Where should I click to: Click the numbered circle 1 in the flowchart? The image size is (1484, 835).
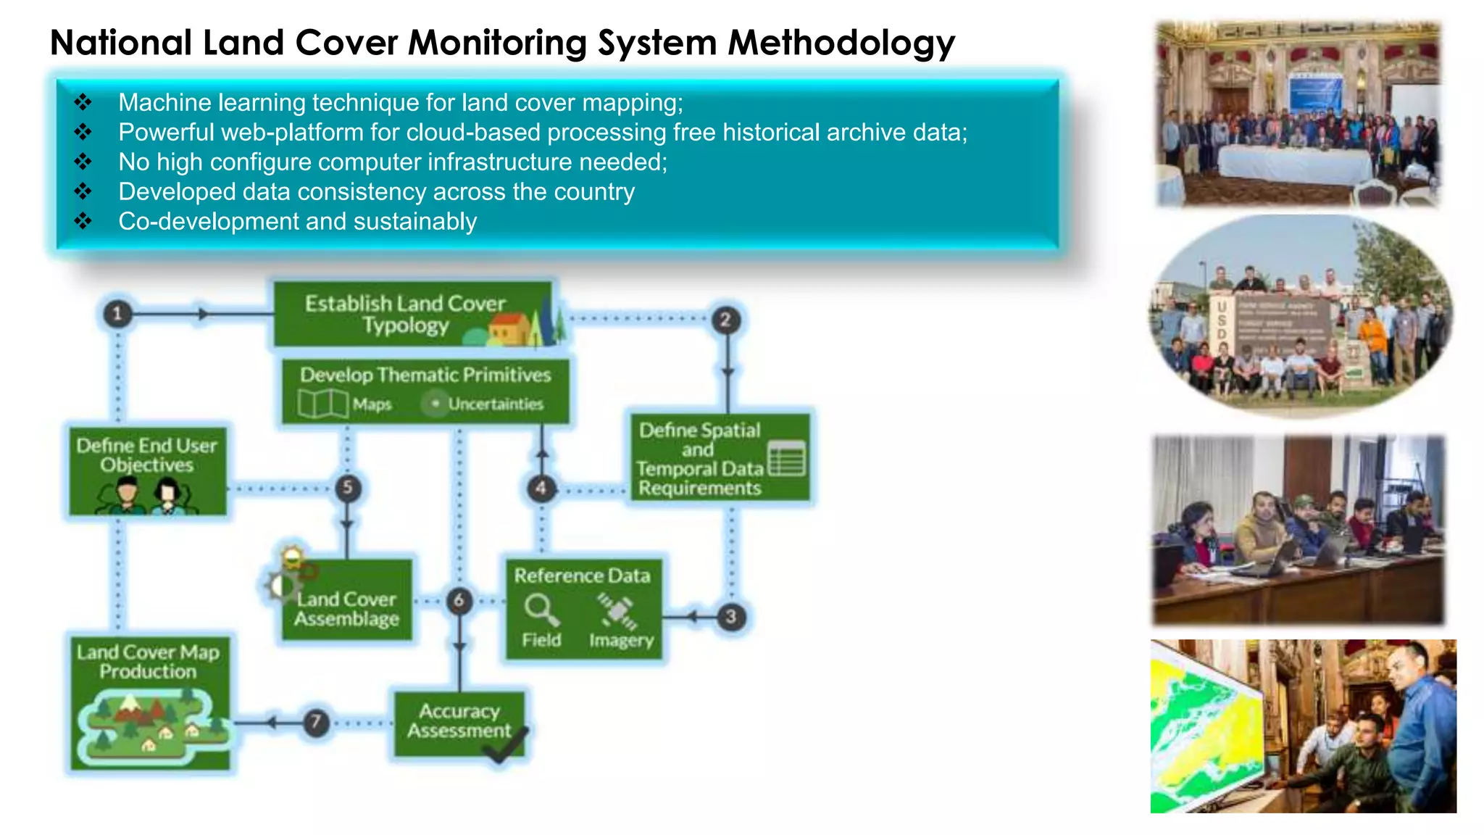coord(117,314)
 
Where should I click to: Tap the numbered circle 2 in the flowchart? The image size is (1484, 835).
coord(725,320)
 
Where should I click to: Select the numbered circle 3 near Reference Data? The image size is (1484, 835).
coord(731,617)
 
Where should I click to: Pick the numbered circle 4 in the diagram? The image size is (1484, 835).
coord(541,488)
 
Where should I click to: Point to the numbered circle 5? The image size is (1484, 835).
coord(348,487)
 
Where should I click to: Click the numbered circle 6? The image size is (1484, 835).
coord(459,600)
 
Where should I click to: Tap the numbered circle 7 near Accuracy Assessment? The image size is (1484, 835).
coord(316,722)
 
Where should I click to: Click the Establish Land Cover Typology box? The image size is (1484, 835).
coord(406,314)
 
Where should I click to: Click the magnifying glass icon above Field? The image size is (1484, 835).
coord(541,609)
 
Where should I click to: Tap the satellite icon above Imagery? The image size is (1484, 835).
coord(617,611)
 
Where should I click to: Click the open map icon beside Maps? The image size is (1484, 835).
coord(323,403)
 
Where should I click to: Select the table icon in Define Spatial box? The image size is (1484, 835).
coord(787,458)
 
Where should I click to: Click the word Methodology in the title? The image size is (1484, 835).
coord(841,42)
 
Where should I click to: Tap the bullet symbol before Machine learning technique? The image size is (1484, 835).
coord(83,102)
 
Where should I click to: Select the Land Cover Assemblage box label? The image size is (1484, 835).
coord(346,609)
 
